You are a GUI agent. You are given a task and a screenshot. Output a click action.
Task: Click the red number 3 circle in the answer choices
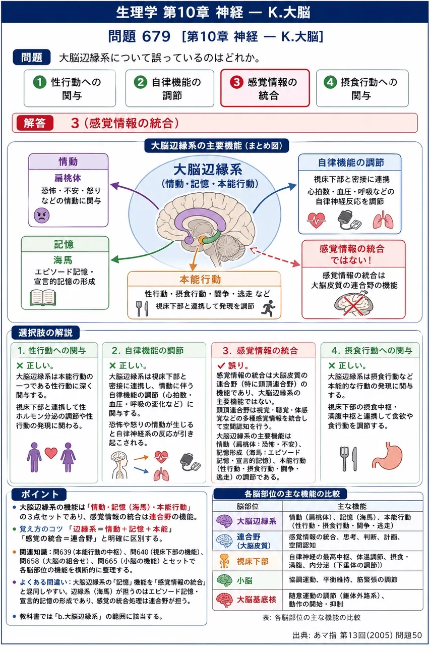236,82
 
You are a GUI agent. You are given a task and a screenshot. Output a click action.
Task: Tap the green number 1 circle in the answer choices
40,82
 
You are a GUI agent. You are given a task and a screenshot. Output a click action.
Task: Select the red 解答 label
35,123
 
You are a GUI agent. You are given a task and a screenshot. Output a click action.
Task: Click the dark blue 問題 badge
32,57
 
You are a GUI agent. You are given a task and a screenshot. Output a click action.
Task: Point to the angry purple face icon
42,216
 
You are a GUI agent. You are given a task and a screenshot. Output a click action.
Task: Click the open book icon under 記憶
43,298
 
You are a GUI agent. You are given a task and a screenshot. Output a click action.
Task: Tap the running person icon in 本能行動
268,308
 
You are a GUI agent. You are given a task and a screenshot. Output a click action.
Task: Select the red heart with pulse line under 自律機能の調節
316,221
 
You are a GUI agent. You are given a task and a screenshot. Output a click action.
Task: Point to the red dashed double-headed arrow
275,257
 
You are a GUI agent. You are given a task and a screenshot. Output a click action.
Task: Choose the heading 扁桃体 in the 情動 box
68,178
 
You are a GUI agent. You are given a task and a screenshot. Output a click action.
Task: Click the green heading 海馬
63,260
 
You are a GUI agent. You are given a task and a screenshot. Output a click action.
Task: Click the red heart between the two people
51,453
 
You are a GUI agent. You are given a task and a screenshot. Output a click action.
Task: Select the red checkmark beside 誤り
221,366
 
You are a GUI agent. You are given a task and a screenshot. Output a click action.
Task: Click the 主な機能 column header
352,506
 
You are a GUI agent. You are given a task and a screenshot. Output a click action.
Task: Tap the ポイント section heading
39,494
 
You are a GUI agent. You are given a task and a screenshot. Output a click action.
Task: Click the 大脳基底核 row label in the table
256,600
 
